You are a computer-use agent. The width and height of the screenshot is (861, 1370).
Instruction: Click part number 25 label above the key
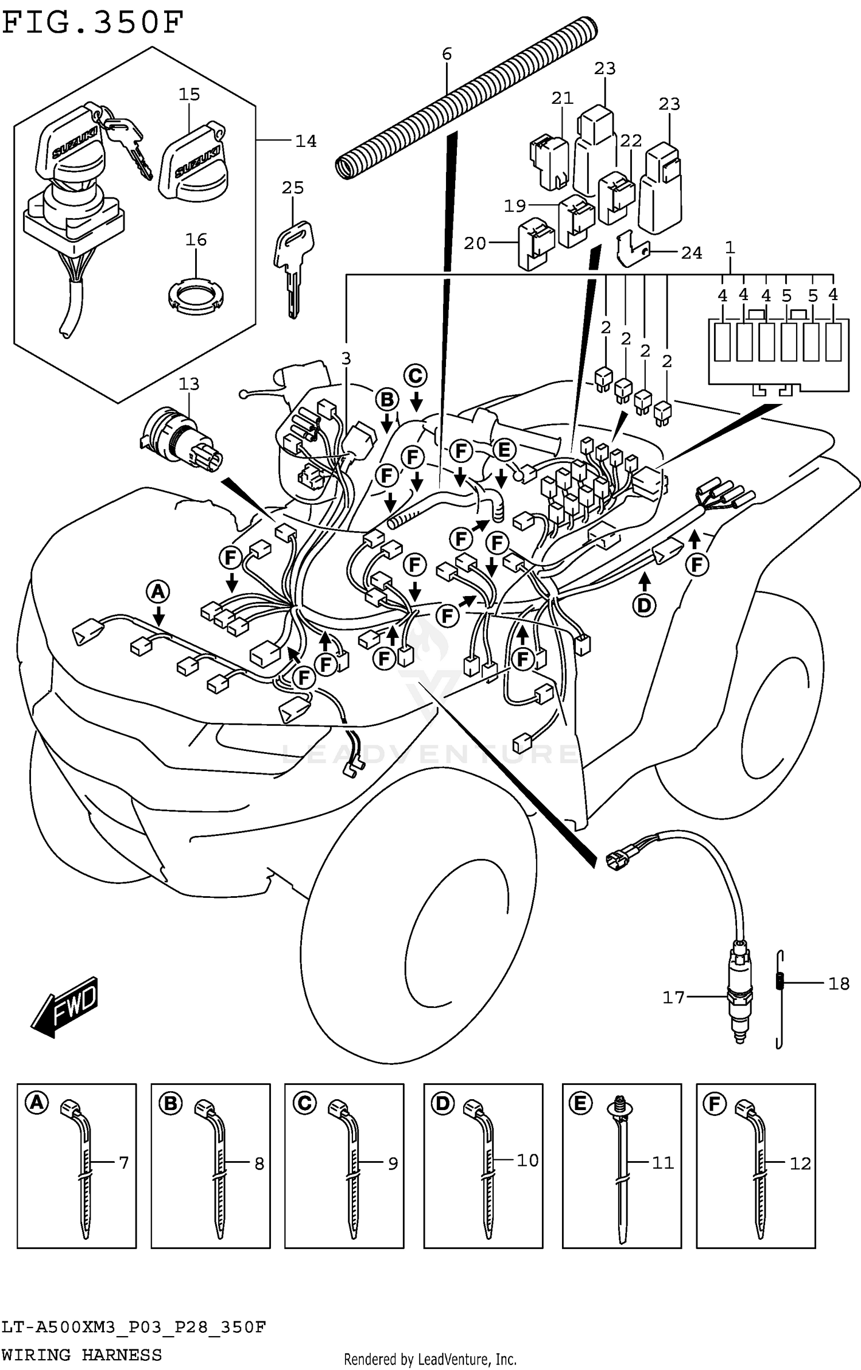click(x=293, y=188)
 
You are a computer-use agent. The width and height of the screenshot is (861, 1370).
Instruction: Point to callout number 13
click(x=189, y=384)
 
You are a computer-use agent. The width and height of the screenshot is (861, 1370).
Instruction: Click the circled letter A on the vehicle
click(x=158, y=591)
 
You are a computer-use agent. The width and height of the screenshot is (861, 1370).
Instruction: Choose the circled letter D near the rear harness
click(x=644, y=605)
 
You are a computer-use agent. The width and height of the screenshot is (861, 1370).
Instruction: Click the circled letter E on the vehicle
click(x=504, y=450)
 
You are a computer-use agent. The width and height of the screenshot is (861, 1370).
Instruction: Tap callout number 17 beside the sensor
click(x=673, y=998)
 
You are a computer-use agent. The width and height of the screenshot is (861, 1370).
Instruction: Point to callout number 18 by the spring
click(x=839, y=983)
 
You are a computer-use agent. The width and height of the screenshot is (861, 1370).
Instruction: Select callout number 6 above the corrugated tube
click(x=447, y=54)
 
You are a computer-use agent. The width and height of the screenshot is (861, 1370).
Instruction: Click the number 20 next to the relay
click(x=475, y=243)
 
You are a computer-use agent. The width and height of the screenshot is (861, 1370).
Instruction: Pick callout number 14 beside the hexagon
click(x=305, y=141)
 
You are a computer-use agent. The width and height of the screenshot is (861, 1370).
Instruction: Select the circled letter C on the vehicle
click(x=416, y=376)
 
